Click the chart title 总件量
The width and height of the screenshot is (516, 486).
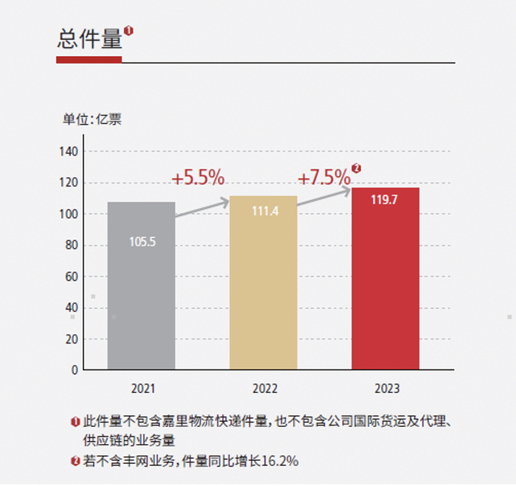89,40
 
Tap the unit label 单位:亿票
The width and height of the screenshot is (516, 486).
92,120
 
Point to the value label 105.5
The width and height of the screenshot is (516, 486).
142,241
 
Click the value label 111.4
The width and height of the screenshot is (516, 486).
264,211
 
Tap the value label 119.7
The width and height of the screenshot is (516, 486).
385,198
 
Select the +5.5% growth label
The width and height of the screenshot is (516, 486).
198,178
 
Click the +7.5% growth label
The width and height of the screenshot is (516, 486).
324,177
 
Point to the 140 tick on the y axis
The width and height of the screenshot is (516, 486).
69,151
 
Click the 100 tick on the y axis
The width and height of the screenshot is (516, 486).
69,214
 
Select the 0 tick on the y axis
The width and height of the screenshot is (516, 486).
74,370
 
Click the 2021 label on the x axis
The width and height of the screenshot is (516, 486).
142,387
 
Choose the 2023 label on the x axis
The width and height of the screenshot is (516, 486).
387,388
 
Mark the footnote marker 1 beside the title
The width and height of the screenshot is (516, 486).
129,30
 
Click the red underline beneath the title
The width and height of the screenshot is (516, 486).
88,60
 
